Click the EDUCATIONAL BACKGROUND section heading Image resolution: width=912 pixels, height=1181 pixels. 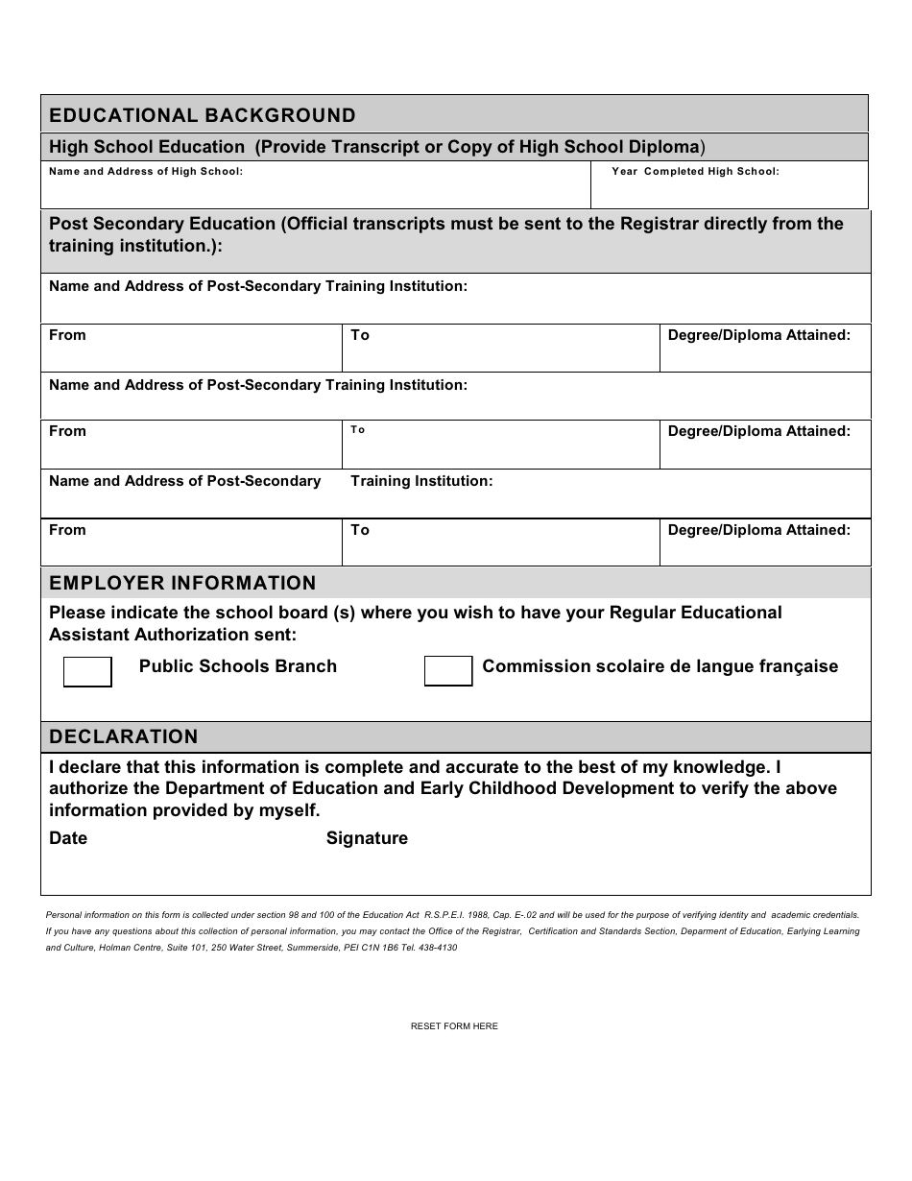point(203,116)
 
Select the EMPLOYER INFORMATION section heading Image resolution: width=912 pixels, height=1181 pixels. point(182,584)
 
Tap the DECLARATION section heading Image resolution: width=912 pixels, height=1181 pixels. point(124,737)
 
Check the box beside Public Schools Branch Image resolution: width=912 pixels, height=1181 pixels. point(87,672)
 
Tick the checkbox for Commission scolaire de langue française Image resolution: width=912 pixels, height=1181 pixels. point(448,672)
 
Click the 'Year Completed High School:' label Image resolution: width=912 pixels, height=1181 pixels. point(695,172)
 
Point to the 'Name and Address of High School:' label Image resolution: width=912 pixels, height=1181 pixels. point(146,172)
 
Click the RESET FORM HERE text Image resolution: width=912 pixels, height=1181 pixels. point(454,1026)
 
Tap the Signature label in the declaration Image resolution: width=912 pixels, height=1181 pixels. point(367,839)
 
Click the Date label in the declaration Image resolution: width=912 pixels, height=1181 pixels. point(68,839)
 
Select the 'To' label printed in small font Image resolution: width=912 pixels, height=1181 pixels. point(358,430)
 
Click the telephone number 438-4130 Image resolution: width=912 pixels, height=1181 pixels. point(440,948)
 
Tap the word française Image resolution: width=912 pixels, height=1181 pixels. point(797,667)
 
